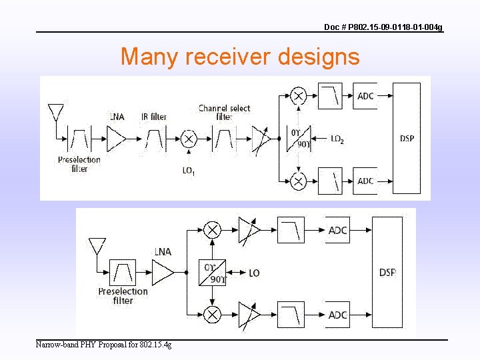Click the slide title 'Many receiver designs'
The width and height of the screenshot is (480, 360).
(240, 57)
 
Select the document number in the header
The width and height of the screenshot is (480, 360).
(383, 27)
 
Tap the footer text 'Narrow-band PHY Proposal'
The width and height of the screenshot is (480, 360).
(103, 345)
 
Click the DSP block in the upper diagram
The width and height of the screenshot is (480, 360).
(407, 139)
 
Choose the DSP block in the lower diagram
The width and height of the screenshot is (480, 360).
(388, 272)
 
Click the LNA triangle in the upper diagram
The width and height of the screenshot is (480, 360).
(116, 139)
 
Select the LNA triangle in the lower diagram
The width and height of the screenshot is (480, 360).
(163, 272)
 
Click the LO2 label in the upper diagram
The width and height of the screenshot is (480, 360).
(337, 139)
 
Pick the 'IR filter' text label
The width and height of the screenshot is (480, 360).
(154, 117)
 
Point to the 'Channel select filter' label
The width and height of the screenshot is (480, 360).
(224, 112)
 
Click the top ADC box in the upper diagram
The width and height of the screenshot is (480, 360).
(365, 96)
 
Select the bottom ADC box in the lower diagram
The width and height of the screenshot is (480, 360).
(338, 315)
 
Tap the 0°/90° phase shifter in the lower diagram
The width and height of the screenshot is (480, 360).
(212, 272)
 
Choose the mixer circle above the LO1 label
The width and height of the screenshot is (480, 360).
(189, 139)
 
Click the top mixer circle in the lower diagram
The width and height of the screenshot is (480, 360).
(212, 231)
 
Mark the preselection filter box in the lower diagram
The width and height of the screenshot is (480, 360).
(123, 272)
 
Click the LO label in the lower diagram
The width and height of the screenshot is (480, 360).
(254, 273)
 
